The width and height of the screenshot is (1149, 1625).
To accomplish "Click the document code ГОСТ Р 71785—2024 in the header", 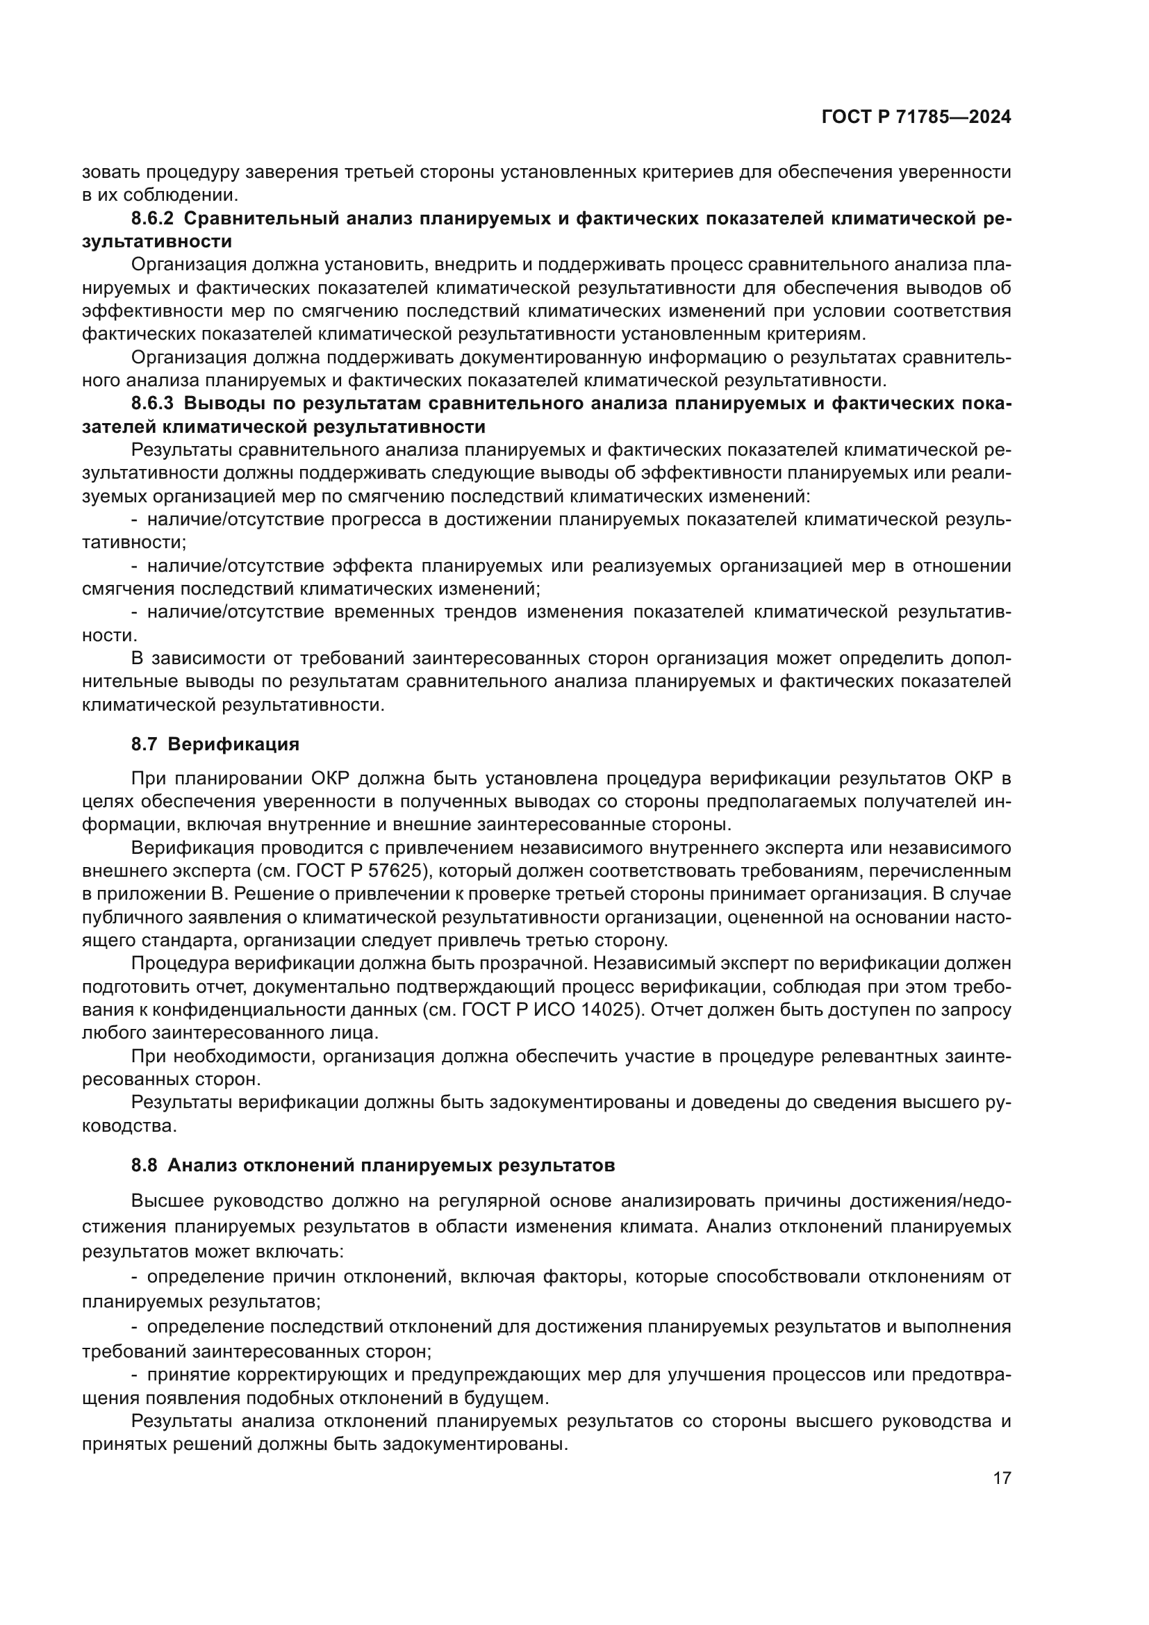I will click(x=916, y=117).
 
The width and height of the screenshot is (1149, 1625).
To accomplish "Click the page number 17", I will click(x=1002, y=1478).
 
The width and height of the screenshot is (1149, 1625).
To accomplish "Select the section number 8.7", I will click(x=144, y=745).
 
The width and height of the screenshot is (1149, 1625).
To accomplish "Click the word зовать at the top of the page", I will click(x=110, y=172).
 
